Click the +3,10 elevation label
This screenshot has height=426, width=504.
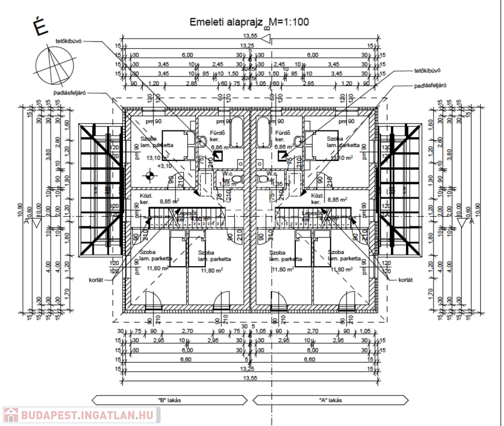164,165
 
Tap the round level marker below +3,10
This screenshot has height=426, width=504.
148,176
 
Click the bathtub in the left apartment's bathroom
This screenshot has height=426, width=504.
236,131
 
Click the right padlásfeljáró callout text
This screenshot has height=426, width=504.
430,86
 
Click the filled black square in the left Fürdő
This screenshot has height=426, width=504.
219,156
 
